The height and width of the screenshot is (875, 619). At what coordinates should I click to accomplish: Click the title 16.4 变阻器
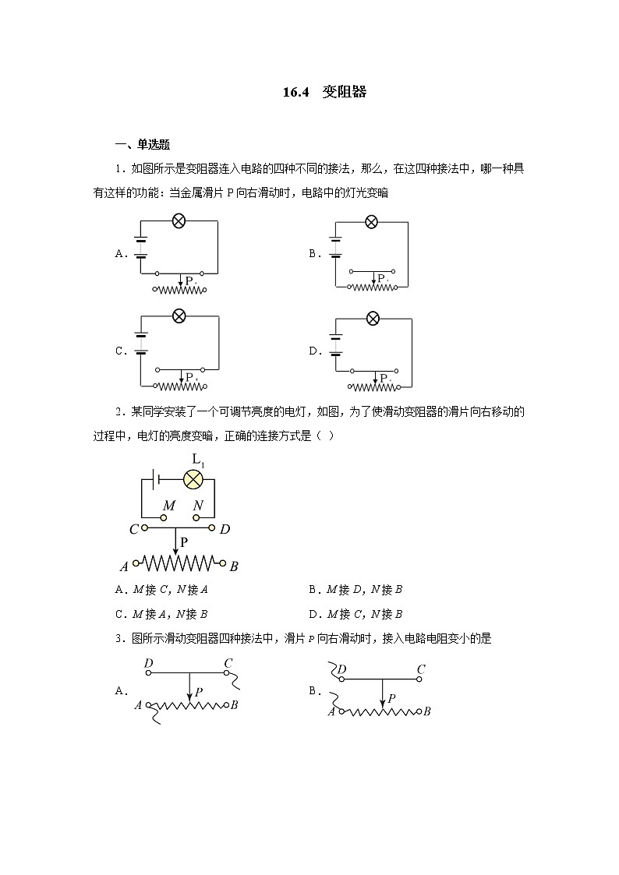(324, 92)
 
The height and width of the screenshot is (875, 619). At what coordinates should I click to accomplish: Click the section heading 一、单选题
(143, 144)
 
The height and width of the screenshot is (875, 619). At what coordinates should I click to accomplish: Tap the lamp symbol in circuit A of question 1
(178, 221)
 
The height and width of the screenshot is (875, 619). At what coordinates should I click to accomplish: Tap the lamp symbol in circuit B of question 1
(372, 222)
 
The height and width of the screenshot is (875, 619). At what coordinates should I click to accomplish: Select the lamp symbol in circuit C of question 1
(179, 316)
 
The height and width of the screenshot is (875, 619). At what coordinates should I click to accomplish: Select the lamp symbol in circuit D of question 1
(373, 317)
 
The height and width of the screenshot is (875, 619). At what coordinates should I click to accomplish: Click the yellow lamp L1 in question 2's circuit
(193, 479)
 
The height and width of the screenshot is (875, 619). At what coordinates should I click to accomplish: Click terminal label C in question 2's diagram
(134, 530)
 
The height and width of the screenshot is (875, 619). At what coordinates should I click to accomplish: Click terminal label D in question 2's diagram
(225, 530)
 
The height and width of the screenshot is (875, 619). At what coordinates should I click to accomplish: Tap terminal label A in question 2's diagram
(124, 566)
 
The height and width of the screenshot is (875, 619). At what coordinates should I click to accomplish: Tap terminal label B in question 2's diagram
(234, 566)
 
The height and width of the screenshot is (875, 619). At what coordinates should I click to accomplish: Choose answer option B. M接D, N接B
(355, 590)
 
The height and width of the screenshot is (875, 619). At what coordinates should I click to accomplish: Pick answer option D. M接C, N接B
(355, 614)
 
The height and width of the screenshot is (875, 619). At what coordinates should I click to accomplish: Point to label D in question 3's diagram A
(148, 663)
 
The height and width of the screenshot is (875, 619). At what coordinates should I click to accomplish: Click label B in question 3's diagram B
(427, 711)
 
